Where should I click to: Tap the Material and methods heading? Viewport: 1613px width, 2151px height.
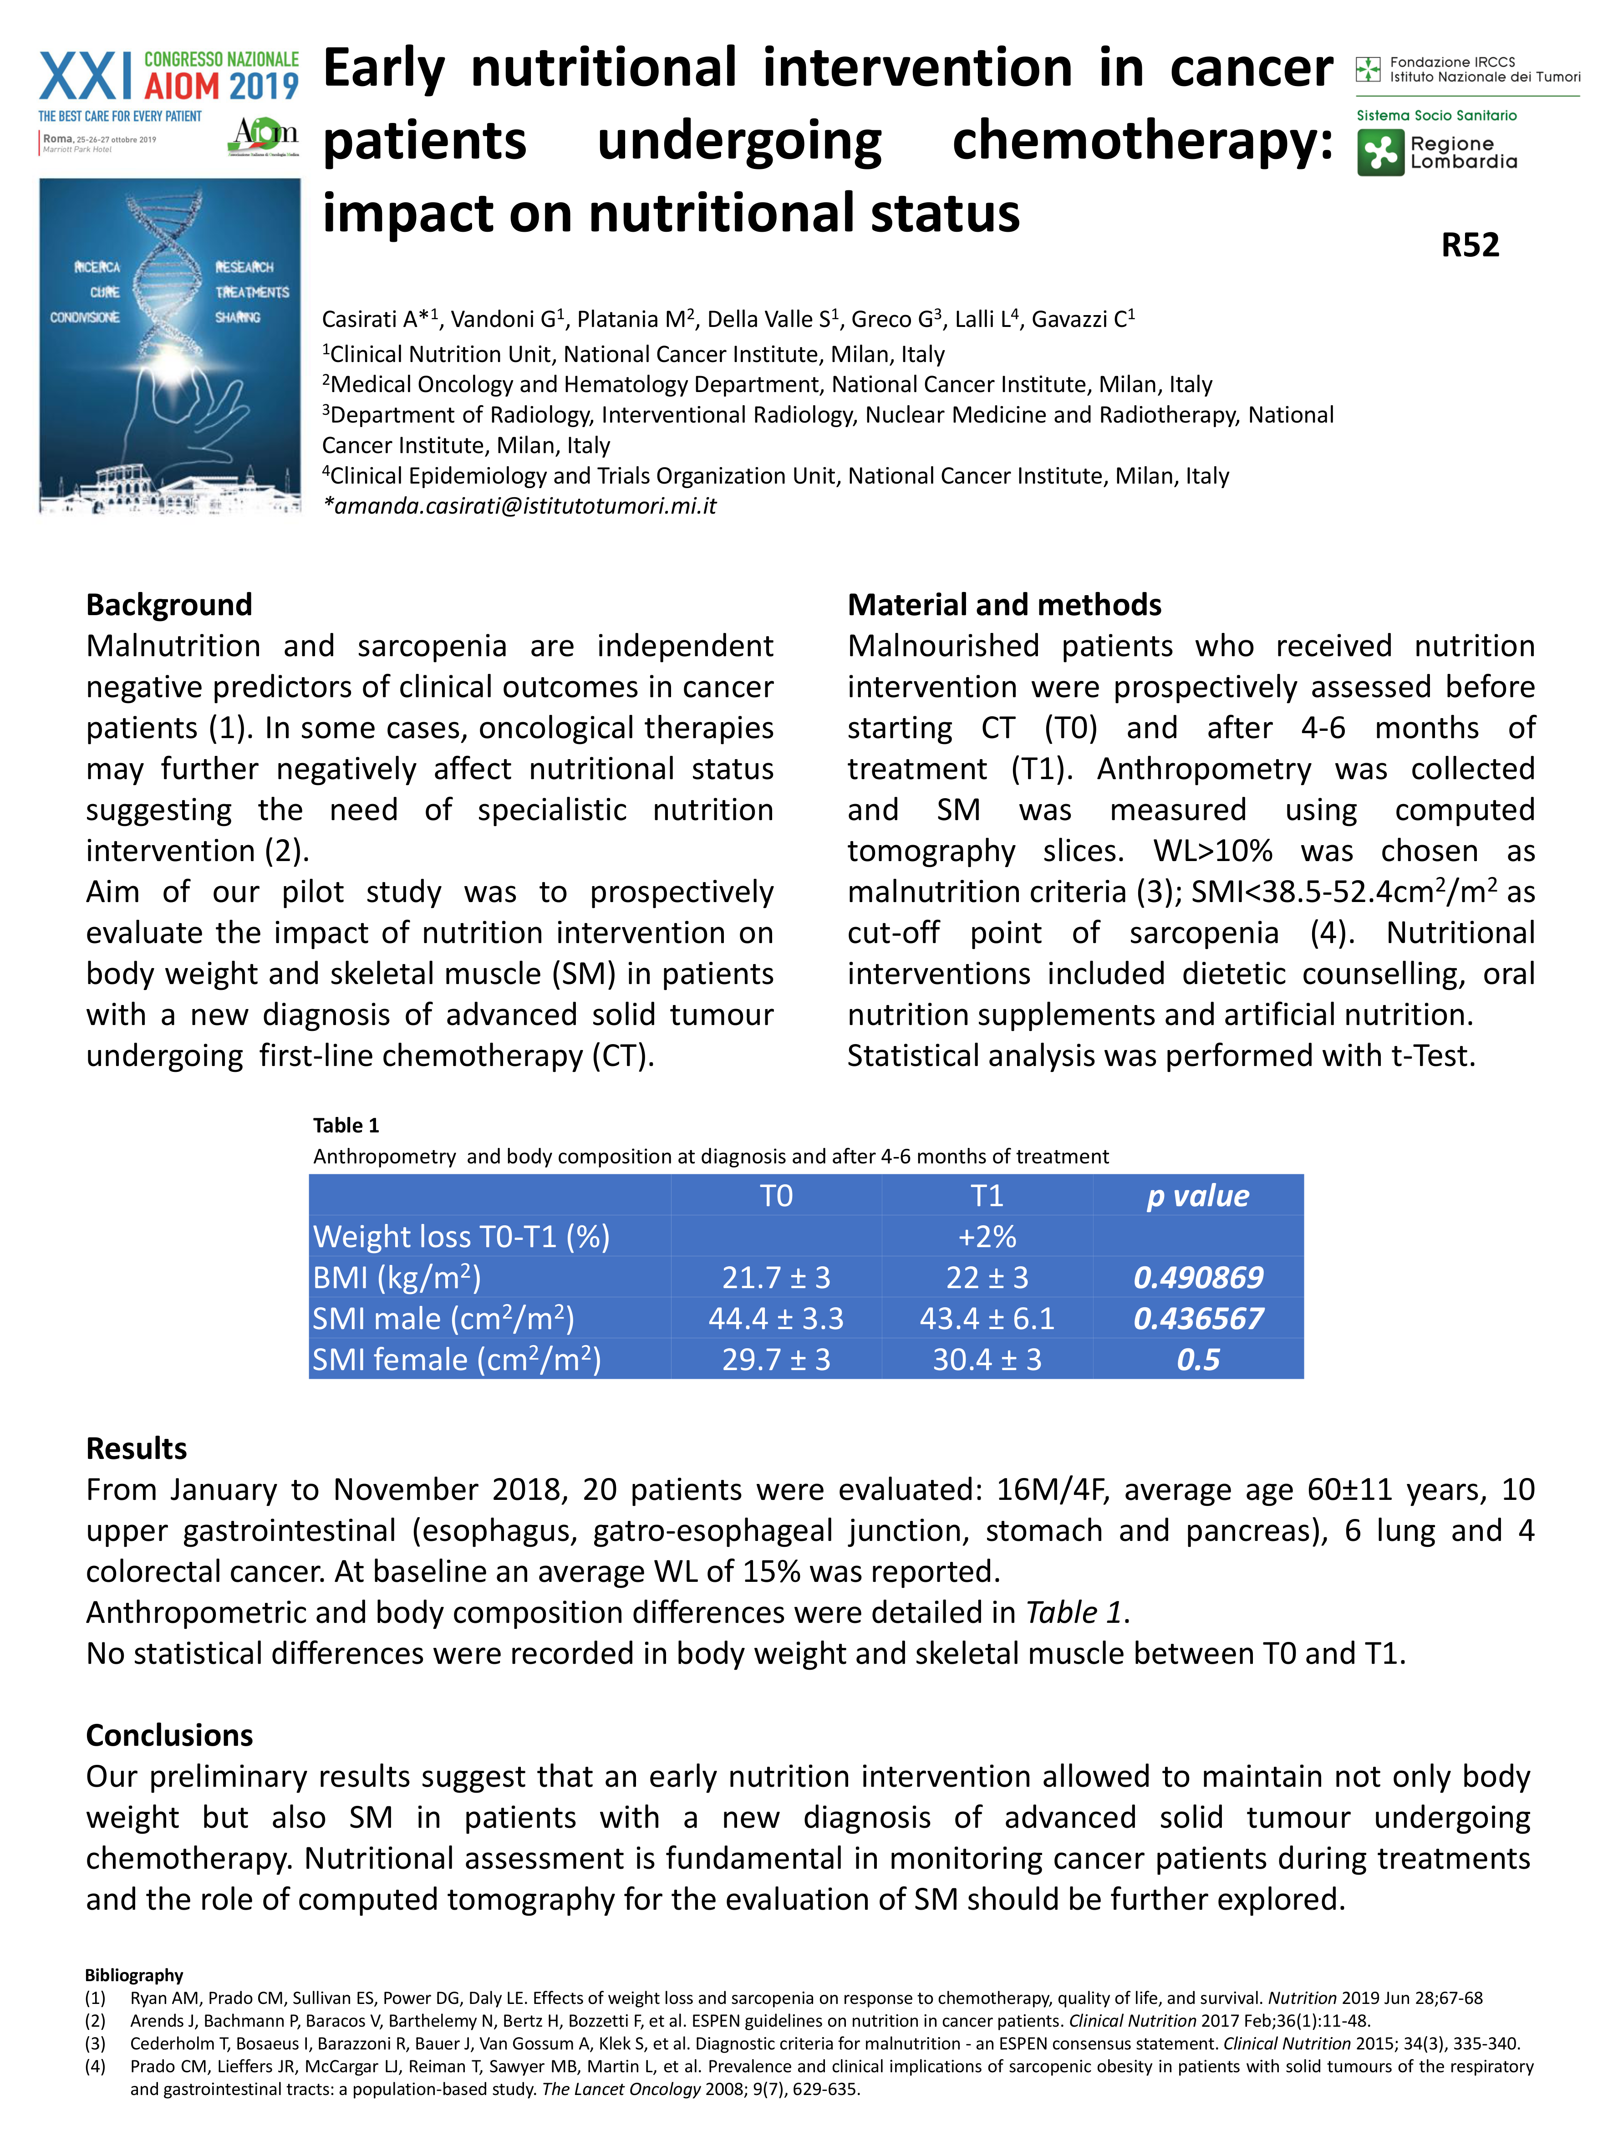(1004, 605)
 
